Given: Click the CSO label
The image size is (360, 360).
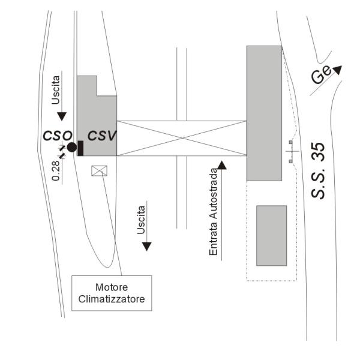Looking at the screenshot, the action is click(58, 136).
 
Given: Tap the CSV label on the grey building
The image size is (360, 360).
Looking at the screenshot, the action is click(102, 136).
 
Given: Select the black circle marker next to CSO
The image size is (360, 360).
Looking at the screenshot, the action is click(72, 147).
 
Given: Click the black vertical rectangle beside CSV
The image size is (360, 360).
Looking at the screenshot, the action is click(80, 148).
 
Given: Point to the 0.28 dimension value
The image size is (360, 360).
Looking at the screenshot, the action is click(56, 170).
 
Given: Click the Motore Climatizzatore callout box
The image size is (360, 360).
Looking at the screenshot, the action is click(112, 293).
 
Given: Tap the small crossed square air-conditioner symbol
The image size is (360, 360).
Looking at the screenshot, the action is click(99, 171).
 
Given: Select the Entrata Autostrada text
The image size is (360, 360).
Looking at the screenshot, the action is click(213, 212).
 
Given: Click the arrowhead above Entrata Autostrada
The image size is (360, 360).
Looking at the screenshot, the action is click(222, 166).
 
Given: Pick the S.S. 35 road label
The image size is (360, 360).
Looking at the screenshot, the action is click(318, 170).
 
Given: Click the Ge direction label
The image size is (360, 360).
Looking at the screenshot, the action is click(321, 75).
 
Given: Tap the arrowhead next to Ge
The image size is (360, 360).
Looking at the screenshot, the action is click(338, 70).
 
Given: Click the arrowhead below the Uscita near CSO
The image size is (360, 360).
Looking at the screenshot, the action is click(62, 116).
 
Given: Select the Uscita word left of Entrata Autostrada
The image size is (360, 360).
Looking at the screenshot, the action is click(141, 220).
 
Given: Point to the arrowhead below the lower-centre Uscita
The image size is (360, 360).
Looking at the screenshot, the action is click(147, 247).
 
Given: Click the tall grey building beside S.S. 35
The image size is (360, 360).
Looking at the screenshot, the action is click(264, 113).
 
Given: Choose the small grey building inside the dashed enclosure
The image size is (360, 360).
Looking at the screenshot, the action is click(272, 236).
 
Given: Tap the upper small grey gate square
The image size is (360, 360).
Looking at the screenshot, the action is click(290, 142).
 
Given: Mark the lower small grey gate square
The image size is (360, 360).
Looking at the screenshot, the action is click(290, 161).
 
